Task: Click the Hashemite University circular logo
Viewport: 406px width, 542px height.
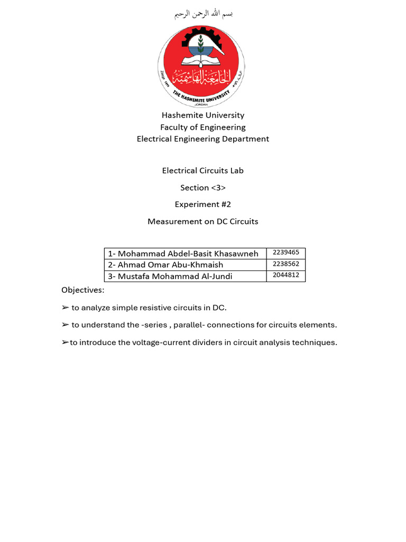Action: [x=201, y=66]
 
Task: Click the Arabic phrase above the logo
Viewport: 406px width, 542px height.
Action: [x=204, y=14]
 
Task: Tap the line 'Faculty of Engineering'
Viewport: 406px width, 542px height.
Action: [x=203, y=127]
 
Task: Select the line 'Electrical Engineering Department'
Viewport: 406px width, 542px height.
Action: [x=203, y=139]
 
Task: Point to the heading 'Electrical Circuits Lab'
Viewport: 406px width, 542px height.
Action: [x=203, y=170]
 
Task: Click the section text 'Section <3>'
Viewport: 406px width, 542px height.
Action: [x=203, y=187]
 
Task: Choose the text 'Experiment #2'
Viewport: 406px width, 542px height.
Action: [x=203, y=204]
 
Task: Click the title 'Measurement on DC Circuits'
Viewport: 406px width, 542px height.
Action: [x=203, y=221]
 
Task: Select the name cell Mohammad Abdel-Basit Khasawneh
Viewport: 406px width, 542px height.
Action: [x=183, y=254]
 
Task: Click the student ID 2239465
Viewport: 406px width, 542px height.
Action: [x=286, y=252]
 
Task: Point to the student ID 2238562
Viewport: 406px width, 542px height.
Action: [x=286, y=264]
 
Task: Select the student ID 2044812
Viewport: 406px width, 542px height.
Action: [x=286, y=275]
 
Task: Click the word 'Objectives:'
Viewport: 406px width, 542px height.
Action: [x=83, y=290]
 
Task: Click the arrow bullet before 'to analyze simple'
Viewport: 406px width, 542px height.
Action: [x=65, y=308]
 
